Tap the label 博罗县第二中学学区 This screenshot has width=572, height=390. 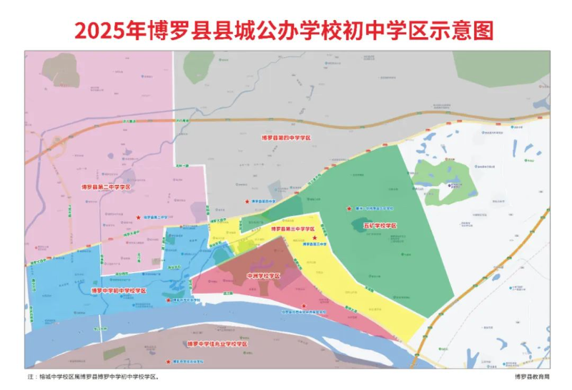coord(106,187)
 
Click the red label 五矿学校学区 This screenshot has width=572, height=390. coord(380,225)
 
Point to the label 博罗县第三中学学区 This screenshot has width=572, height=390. coord(294,229)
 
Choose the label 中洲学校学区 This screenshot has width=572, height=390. coord(262,276)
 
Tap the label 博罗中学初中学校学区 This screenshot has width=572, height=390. coord(119,291)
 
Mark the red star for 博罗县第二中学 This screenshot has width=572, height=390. coord(138,217)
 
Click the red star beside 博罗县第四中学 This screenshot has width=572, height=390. coord(247,202)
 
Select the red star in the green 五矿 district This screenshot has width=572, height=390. coord(349,208)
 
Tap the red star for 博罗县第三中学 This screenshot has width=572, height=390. coord(315,237)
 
